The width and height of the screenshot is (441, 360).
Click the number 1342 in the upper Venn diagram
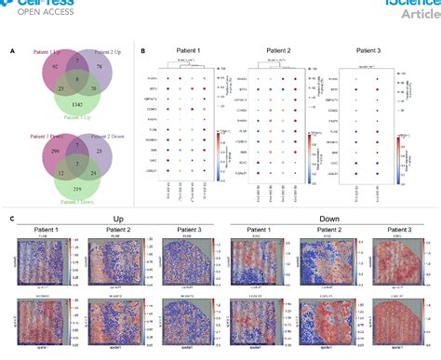(x=59, y=108)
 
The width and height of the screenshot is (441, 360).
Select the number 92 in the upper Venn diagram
(x=30, y=69)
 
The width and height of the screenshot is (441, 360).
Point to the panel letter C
(x=10, y=220)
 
